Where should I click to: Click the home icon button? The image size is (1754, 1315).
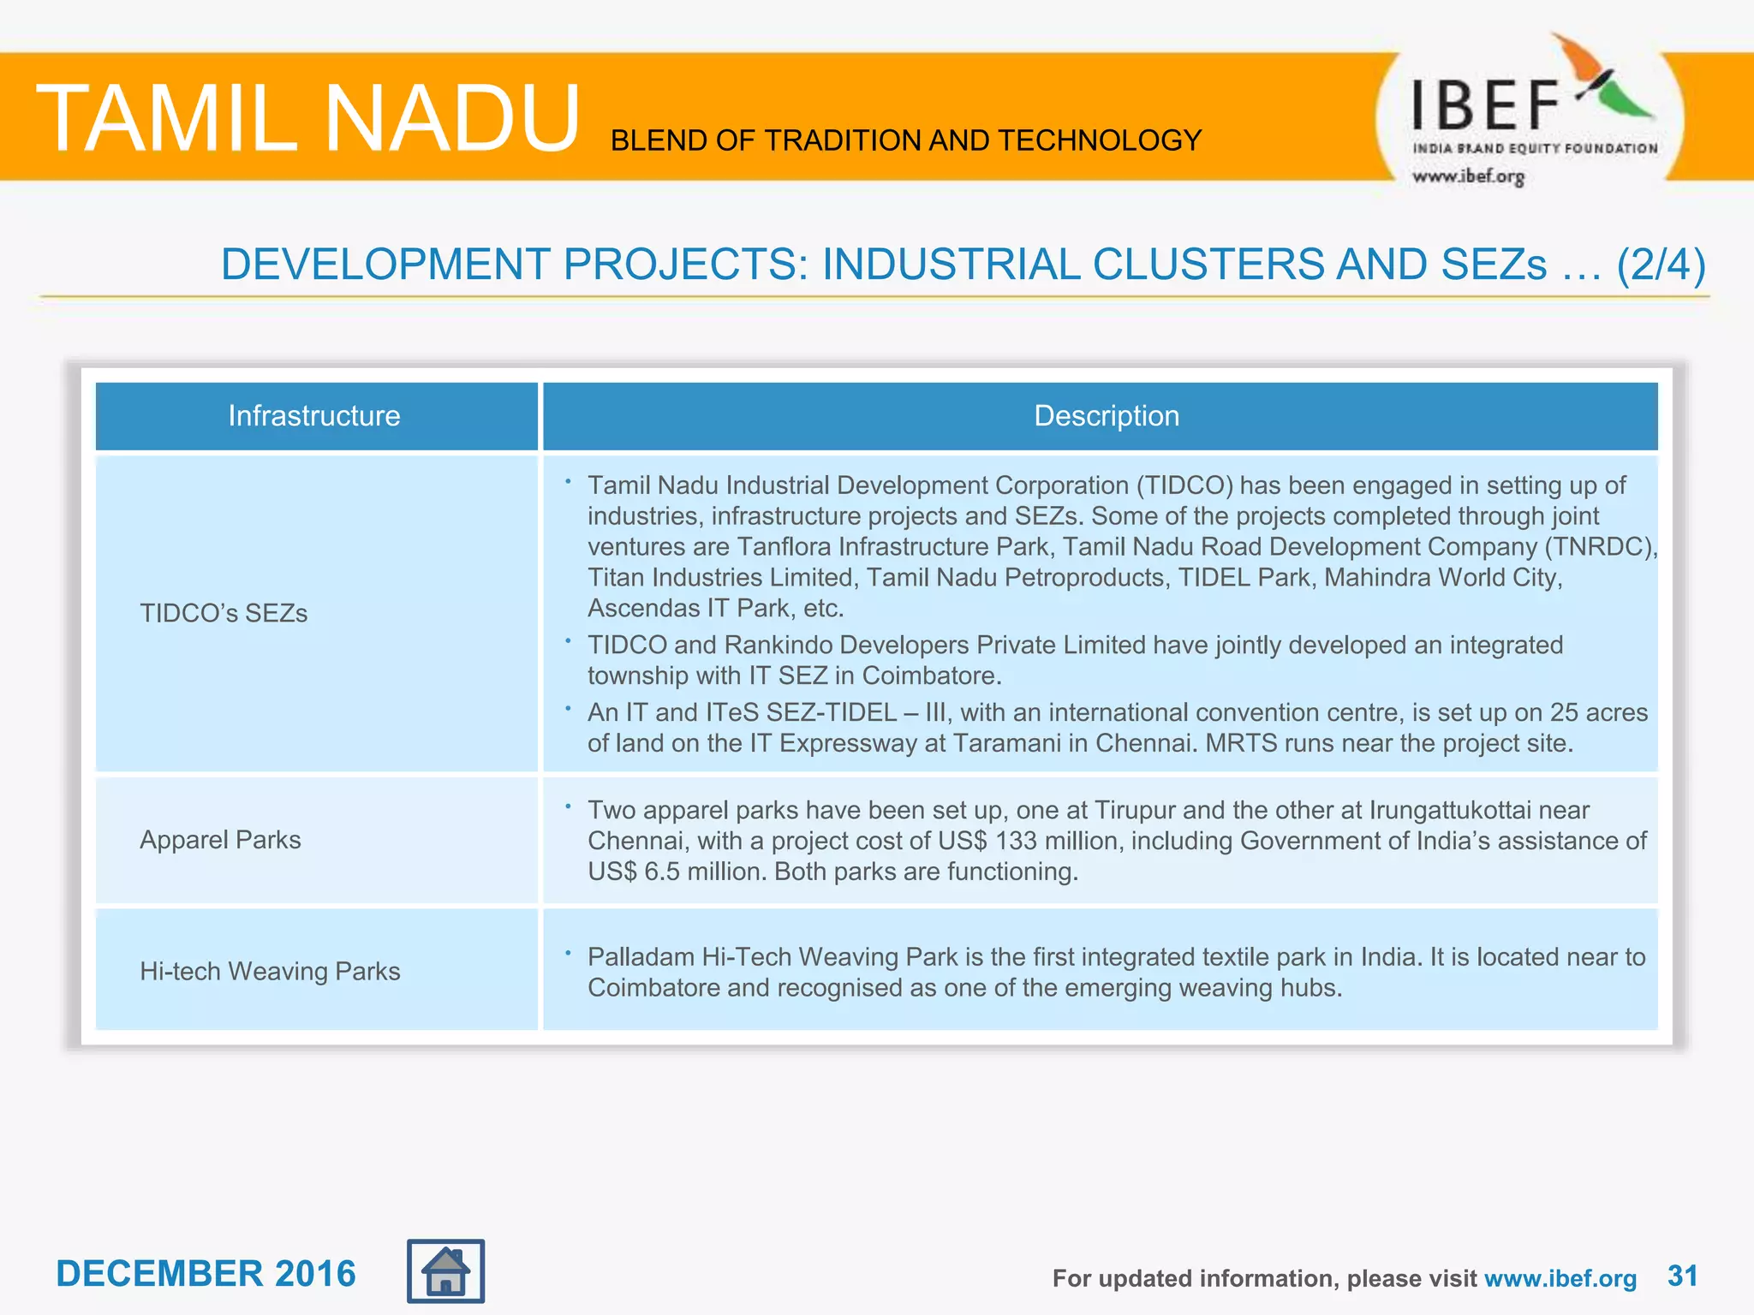pos(445,1271)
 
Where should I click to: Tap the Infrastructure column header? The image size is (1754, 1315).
pos(314,416)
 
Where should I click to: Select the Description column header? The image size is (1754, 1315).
pos(1106,416)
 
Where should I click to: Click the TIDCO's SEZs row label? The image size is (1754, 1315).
pos(224,613)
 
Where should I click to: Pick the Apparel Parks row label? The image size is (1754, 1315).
pos(220,840)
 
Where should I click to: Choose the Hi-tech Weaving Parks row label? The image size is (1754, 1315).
pos(270,972)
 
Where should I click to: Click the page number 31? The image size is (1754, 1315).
pos(1682,1276)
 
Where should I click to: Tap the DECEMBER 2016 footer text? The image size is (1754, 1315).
pos(206,1274)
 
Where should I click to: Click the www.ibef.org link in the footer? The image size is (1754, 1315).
pos(1560,1278)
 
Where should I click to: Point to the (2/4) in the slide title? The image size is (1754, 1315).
pos(1661,265)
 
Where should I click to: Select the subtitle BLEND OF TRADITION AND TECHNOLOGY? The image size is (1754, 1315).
pos(906,140)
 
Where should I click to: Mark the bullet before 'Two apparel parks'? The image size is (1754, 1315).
pos(568,806)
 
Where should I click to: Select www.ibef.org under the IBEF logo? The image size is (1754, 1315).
pos(1468,176)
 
